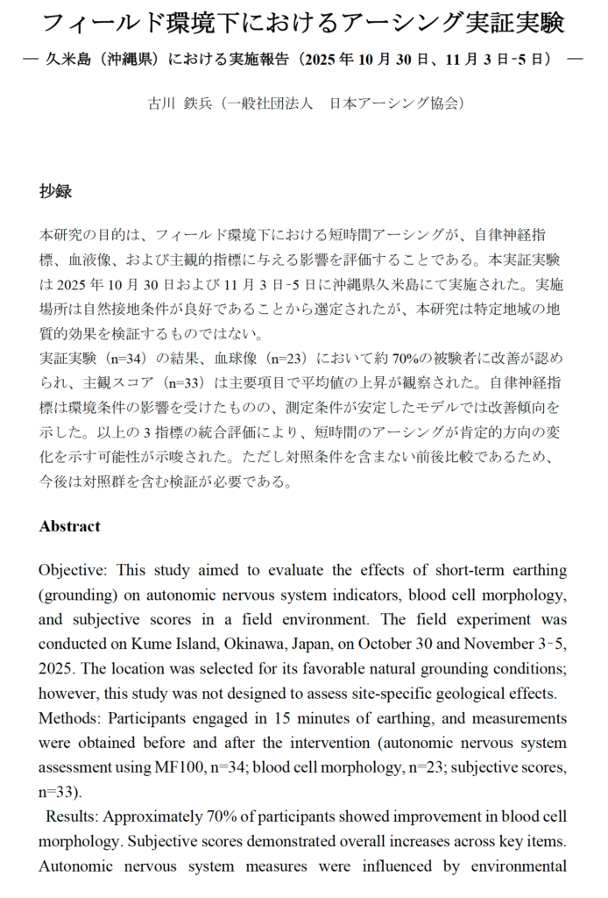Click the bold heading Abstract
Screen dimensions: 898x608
point(69,526)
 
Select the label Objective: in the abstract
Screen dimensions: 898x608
point(72,570)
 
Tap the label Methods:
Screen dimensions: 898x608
point(69,718)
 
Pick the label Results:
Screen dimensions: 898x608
point(74,816)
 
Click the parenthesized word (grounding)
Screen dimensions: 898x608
point(76,595)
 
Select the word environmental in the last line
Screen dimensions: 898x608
point(517,866)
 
